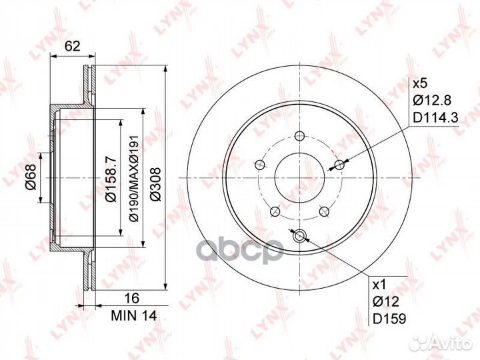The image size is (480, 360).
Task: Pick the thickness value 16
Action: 132,298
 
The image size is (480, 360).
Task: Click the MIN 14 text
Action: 134,315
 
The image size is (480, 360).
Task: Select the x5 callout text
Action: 420,83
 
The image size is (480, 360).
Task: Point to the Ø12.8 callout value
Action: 432,100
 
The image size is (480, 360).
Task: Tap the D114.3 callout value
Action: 435,117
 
